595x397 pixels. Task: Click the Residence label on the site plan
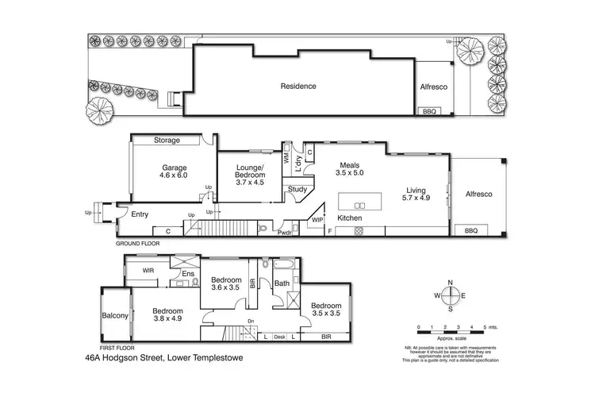[x=298, y=87]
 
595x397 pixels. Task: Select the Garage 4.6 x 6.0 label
[x=174, y=172]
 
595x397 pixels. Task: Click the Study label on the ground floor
[x=297, y=189]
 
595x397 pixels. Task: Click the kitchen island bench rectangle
[x=361, y=199]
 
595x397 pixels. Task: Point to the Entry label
[x=140, y=214]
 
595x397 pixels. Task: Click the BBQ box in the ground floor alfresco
[x=470, y=230]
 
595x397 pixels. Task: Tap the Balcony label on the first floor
[x=115, y=316]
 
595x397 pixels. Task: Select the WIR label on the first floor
[x=148, y=271]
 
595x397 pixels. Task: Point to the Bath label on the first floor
[x=282, y=283]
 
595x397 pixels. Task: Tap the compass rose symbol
[x=450, y=297]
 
